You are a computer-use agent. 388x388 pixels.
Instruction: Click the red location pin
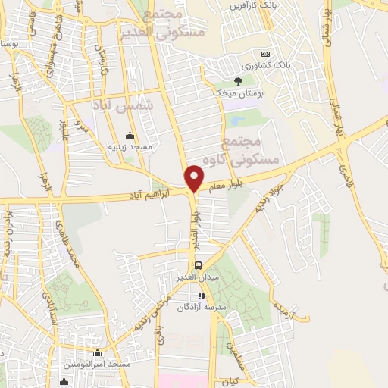(195, 177)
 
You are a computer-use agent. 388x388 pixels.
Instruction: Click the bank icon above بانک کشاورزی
(265, 54)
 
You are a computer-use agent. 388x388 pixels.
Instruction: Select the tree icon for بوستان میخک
(238, 80)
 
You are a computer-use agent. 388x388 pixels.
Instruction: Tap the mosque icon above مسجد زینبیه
(130, 135)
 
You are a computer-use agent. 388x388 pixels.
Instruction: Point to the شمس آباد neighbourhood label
(122, 106)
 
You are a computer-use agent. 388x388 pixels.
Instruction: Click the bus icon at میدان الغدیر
(198, 264)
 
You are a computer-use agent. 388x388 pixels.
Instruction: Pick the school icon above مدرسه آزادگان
(202, 296)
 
